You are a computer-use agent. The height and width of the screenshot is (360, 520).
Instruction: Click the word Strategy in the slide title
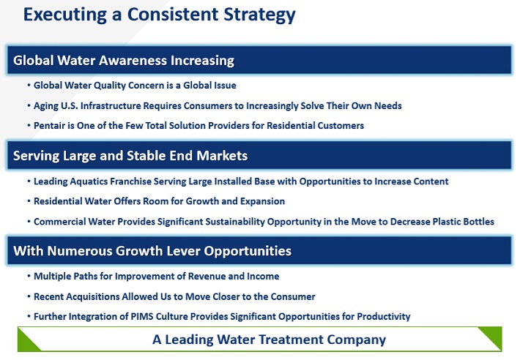(x=259, y=15)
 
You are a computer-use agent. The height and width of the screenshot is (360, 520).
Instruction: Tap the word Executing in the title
(x=65, y=15)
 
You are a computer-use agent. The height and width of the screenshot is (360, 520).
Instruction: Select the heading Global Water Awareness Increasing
(x=124, y=61)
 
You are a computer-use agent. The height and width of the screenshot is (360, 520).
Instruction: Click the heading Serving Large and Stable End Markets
(x=130, y=156)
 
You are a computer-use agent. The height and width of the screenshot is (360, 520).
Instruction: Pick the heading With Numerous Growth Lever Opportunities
(x=152, y=251)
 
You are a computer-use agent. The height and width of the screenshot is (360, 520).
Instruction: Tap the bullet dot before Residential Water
(x=29, y=201)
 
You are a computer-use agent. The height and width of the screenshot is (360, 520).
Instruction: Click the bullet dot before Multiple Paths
(x=29, y=276)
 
